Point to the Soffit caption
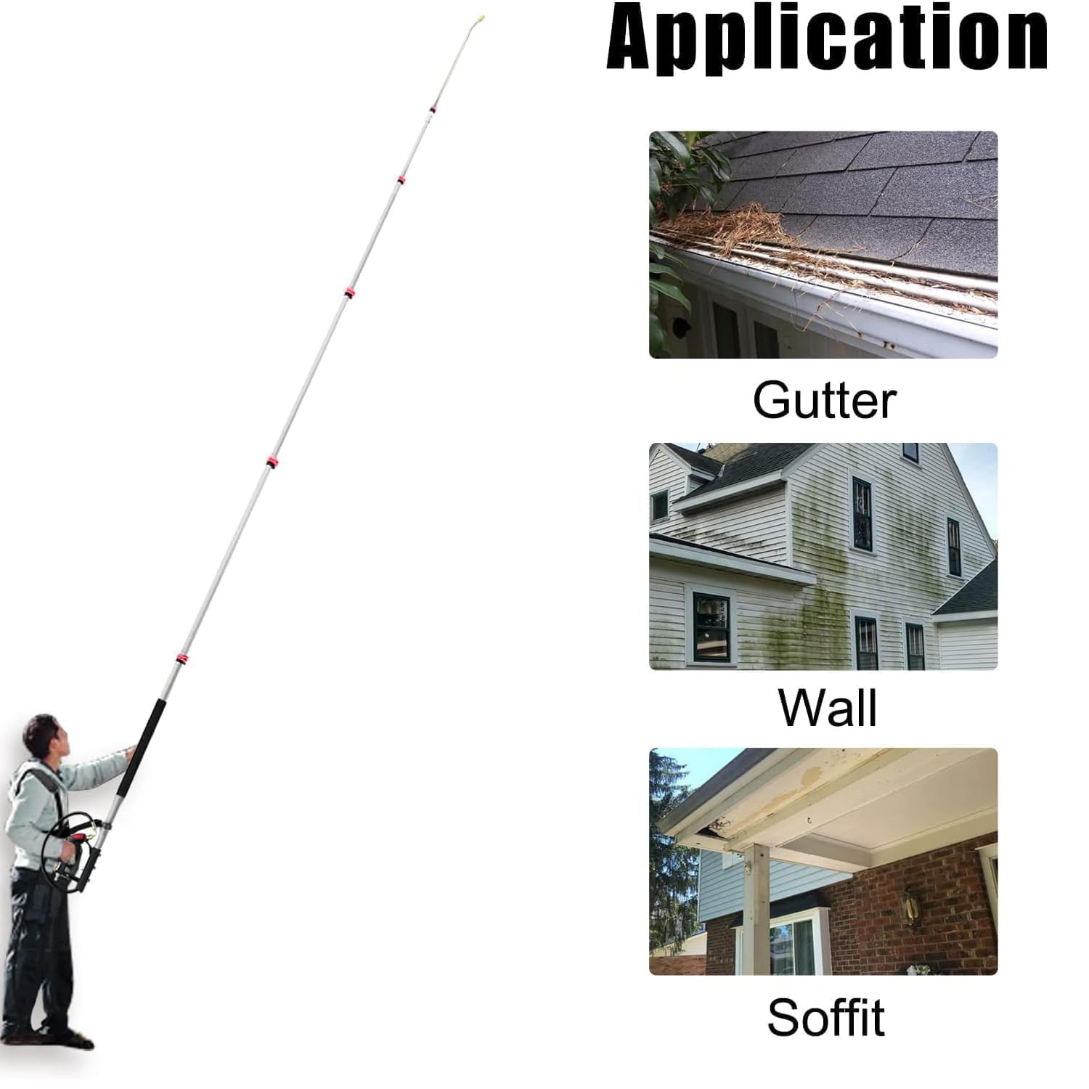coord(825,1017)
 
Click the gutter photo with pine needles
coord(823,245)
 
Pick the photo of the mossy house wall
coord(823,556)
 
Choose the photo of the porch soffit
coord(823,862)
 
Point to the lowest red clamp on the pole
coord(181,659)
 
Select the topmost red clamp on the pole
coord(432,109)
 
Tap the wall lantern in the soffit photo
coord(910,906)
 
